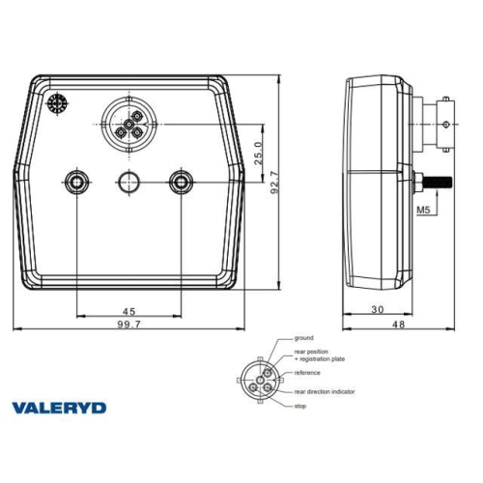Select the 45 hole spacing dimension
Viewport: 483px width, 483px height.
[x=128, y=311]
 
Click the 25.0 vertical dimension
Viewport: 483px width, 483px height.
[x=257, y=153]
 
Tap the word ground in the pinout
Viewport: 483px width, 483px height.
[x=306, y=338]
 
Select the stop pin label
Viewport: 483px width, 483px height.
[x=302, y=408]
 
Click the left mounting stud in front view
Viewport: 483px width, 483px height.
[x=76, y=181]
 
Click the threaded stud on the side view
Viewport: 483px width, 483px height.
[x=440, y=182]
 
